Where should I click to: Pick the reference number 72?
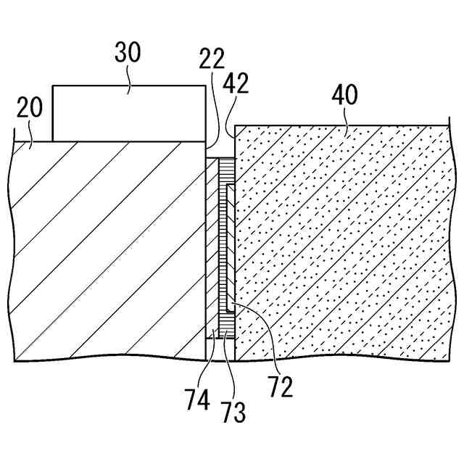(x=280, y=387)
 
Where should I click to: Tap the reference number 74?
(x=197, y=399)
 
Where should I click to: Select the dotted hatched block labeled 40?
(x=341, y=239)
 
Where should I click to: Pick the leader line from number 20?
(x=29, y=133)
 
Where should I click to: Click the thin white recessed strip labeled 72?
(x=230, y=246)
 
